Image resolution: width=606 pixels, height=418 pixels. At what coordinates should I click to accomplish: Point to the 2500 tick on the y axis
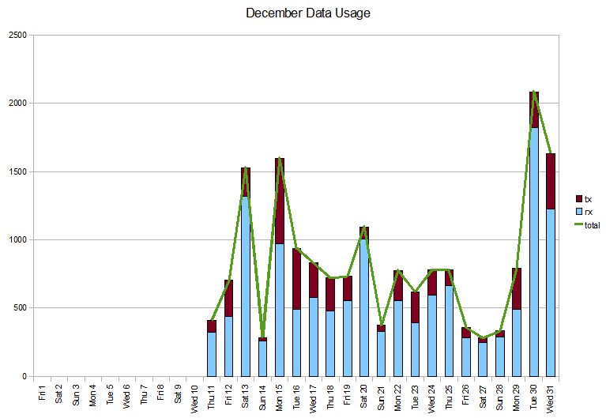tap(16, 36)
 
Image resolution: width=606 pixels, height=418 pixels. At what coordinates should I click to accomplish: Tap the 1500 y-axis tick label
tap(16, 171)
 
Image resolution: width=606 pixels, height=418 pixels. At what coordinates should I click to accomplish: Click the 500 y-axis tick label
tap(18, 308)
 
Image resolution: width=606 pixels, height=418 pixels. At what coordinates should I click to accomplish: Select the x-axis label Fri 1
tap(42, 393)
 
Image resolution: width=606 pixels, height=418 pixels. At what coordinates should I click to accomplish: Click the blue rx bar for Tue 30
tap(534, 253)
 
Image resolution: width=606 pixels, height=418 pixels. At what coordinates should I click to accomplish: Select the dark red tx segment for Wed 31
tap(551, 181)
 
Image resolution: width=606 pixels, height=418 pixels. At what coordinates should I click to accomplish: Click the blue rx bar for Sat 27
tap(483, 360)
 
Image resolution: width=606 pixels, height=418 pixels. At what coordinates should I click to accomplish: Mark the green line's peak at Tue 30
tap(534, 92)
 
